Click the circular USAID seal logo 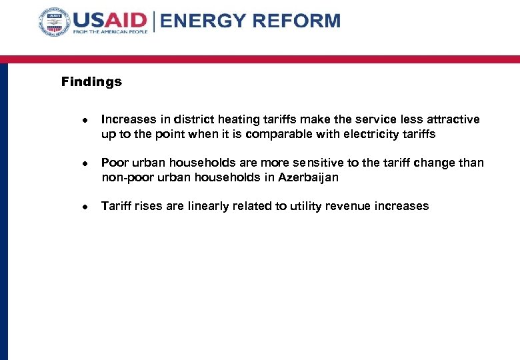point(54,23)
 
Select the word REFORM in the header point(298,21)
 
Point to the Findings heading point(91,82)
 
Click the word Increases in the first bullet point(128,120)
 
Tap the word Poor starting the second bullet point(114,163)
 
